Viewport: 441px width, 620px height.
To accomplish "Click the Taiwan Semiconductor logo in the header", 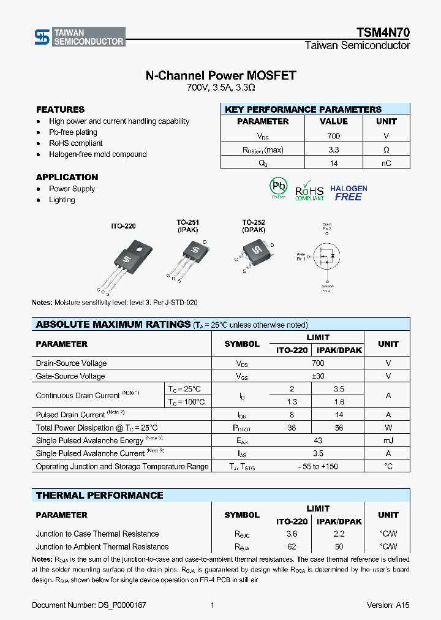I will coord(79,37).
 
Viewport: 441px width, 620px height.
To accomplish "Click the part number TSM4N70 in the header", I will coord(383,33).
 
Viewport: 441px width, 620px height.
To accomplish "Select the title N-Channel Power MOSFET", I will coord(221,75).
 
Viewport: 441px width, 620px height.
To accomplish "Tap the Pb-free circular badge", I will coord(279,187).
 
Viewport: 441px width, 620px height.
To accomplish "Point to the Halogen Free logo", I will coord(349,193).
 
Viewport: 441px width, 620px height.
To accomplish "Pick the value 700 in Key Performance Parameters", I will coord(334,136).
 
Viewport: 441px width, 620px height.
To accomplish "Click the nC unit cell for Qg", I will coord(386,163).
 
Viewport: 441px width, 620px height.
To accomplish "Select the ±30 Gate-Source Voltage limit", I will coord(317,376).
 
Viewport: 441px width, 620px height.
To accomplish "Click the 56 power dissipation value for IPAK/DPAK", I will coord(338,428).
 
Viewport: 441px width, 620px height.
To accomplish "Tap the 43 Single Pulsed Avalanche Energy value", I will coord(317,441).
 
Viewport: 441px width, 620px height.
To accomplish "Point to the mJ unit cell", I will coord(388,441).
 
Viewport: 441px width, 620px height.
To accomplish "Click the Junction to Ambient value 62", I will coord(292,546).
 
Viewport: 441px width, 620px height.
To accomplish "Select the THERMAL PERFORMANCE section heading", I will coord(99,495).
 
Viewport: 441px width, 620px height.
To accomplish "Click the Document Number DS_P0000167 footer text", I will coord(89,605).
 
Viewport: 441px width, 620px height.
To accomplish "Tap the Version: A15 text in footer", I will coord(388,605).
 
